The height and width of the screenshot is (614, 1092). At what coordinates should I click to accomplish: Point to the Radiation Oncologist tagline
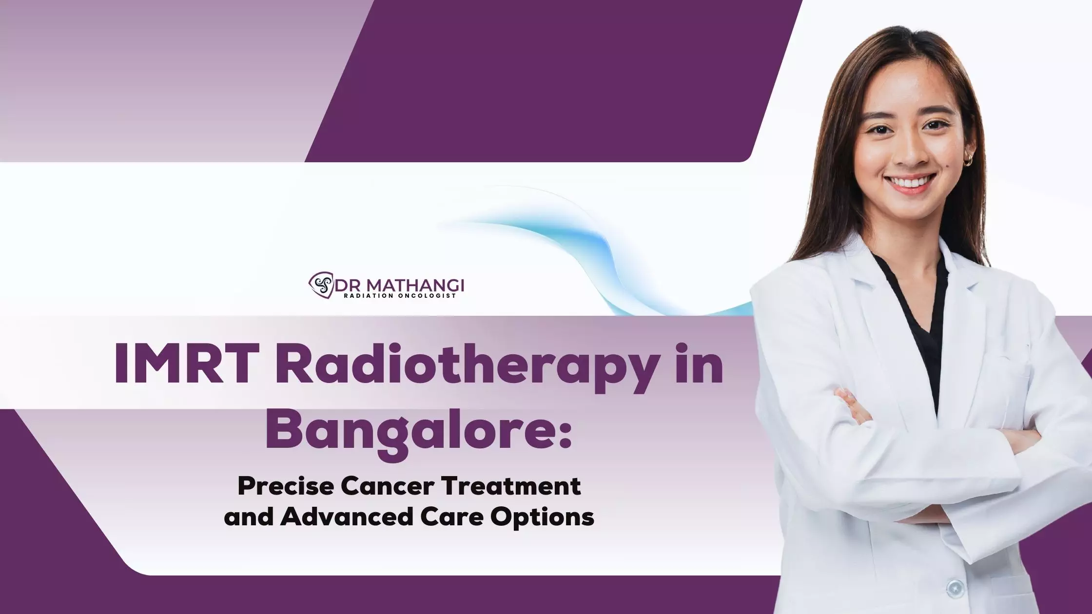click(400, 296)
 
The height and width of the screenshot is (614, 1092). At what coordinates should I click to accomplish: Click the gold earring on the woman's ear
click(967, 161)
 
